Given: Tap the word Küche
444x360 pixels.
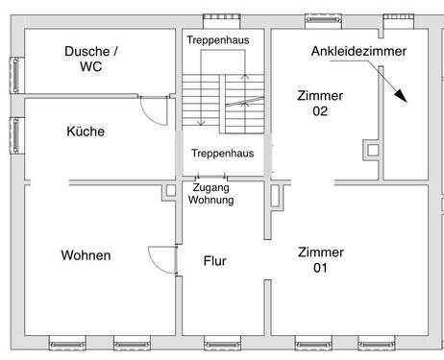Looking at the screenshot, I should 86,132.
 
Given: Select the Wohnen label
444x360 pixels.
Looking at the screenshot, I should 86,255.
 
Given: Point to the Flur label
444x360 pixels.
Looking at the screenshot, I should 215,260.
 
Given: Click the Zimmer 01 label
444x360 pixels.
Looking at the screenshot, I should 320,259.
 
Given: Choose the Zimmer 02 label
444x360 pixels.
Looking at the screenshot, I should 320,103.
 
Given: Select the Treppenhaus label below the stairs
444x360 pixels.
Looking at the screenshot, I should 222,154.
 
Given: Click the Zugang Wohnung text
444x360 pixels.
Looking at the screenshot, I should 210,195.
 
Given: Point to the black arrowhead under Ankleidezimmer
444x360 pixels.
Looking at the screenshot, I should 401,96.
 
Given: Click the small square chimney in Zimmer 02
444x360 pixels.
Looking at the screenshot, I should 370,149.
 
